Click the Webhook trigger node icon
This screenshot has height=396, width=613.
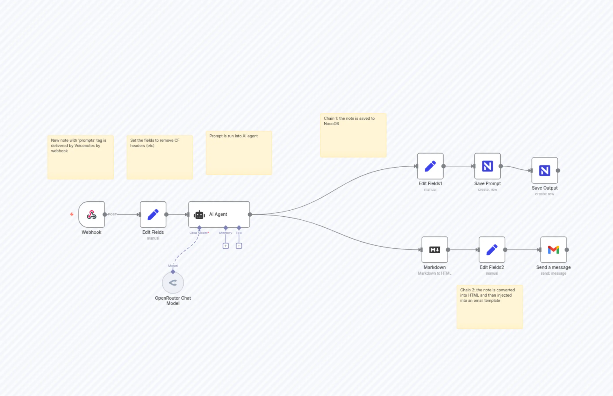pyautogui.click(x=91, y=215)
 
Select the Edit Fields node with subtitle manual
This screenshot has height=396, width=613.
pyautogui.click(x=153, y=215)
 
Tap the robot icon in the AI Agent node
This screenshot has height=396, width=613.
pyautogui.click(x=199, y=215)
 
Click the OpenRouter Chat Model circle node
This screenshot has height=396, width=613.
pyautogui.click(x=173, y=283)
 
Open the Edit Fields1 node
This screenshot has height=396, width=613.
pyautogui.click(x=430, y=166)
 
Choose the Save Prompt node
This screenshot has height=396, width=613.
pyautogui.click(x=487, y=166)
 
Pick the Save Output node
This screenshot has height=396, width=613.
pyautogui.click(x=545, y=170)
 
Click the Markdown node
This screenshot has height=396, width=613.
pyautogui.click(x=435, y=250)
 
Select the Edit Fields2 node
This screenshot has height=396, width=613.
pyautogui.click(x=492, y=250)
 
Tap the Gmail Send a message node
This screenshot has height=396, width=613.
pyautogui.click(x=553, y=250)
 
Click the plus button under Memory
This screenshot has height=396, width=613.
pyautogui.click(x=226, y=246)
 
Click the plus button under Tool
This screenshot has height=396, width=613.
pyautogui.click(x=239, y=246)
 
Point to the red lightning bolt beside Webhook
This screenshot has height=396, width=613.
pyautogui.click(x=72, y=214)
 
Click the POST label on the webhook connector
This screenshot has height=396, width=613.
pyautogui.click(x=112, y=214)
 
